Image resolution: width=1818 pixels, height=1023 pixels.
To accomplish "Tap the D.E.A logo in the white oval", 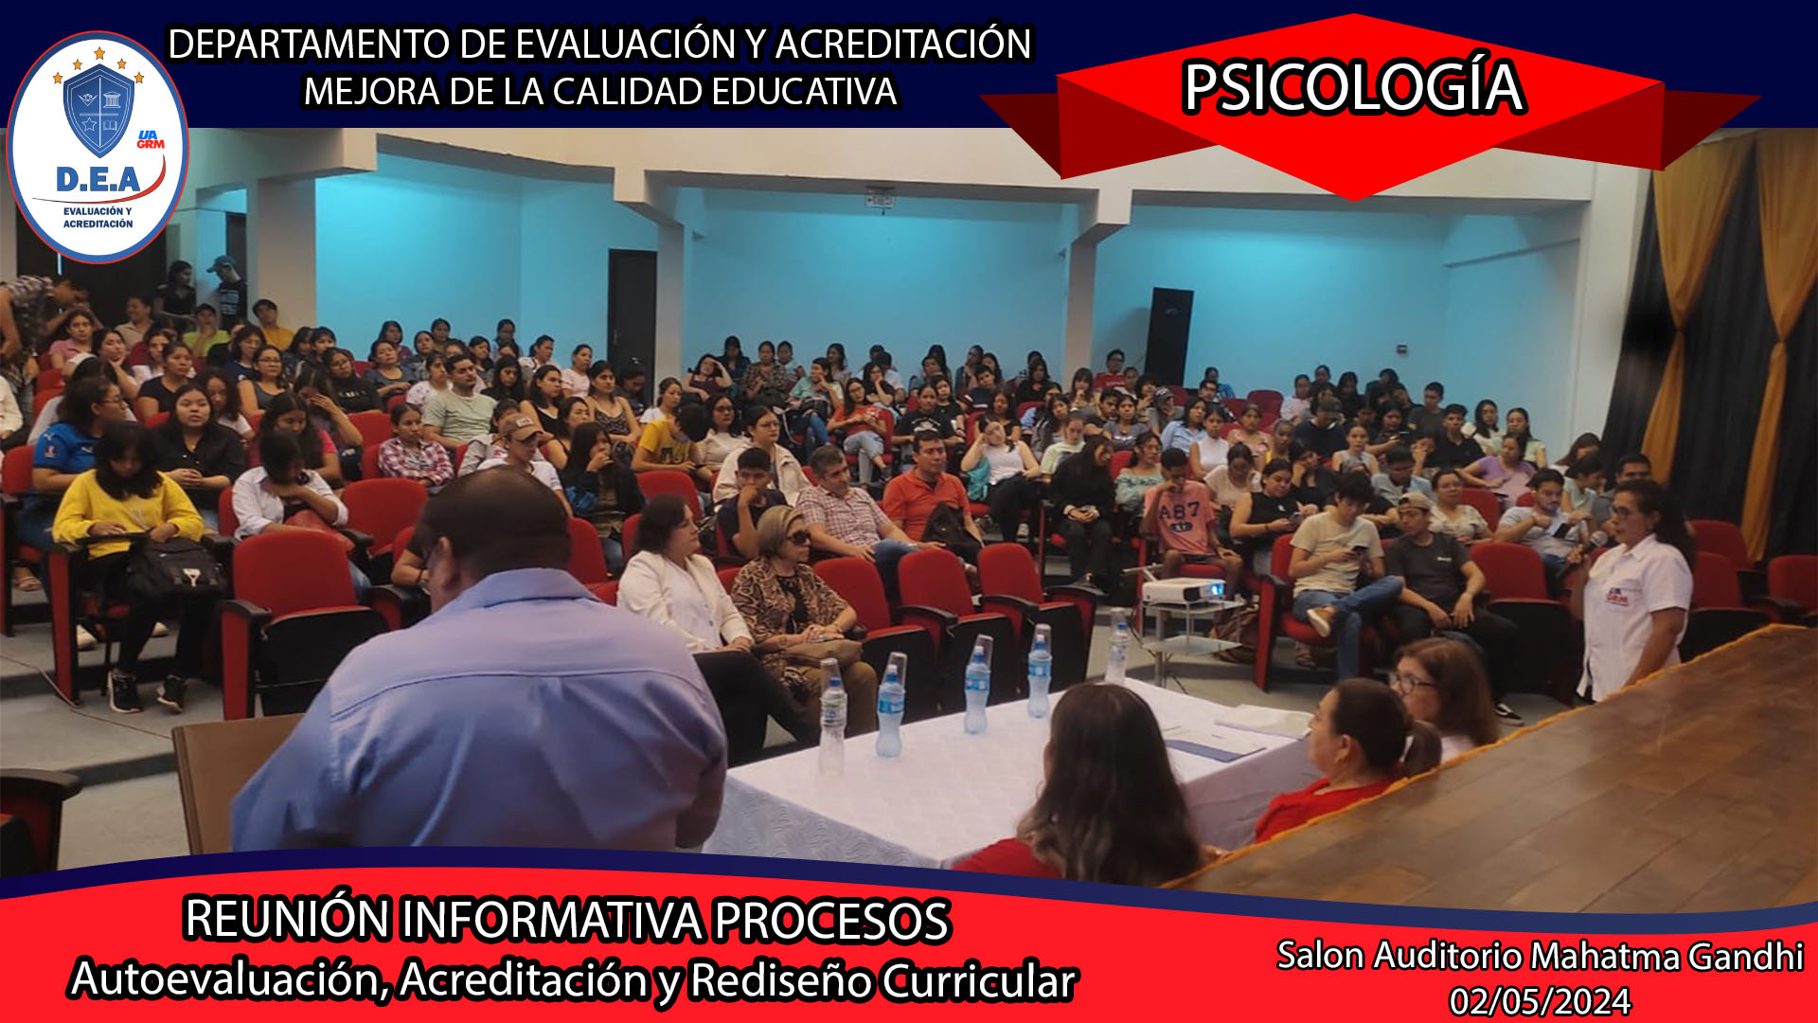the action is (98, 148).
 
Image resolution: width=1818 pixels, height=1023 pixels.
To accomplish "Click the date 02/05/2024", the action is (1540, 1001).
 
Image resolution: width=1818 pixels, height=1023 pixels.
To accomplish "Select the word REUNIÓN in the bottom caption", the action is (287, 919).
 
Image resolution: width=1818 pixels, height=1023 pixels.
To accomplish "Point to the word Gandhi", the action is (1746, 957).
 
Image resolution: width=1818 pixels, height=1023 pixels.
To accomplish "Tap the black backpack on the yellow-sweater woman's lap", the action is (175, 565).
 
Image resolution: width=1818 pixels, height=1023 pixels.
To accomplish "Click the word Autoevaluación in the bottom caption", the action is (229, 979).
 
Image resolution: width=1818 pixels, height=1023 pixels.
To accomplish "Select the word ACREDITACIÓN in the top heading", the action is (903, 45).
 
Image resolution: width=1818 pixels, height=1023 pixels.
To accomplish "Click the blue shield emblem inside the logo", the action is (98, 109).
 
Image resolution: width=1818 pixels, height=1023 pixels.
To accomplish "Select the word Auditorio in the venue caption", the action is (1448, 956).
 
